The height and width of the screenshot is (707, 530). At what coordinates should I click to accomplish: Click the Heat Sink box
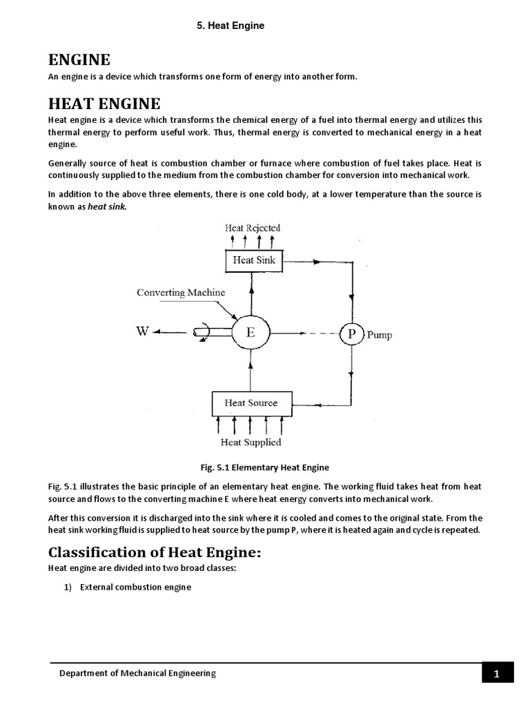coord(253,260)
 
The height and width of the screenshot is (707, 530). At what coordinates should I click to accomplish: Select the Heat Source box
coord(251,403)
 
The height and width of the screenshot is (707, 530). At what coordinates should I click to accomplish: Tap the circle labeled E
coord(251,332)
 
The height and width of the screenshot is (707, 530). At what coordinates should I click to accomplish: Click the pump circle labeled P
coord(351,334)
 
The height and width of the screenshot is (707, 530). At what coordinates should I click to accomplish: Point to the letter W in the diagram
coord(142,331)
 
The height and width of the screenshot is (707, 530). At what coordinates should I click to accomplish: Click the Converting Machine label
coord(181,292)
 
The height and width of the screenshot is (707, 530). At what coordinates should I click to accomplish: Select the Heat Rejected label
coord(252,228)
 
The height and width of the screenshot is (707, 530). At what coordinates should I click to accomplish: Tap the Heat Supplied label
coord(251,442)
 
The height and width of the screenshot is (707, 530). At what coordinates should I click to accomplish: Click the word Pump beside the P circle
coord(379,336)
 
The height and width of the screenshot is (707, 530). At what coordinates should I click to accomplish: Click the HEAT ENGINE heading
coord(104,104)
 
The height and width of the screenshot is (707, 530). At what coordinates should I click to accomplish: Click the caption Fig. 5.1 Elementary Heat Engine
coord(265,467)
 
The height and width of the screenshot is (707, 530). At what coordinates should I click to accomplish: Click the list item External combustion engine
coord(135,587)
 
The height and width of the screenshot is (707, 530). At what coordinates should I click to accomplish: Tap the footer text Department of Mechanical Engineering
coord(137,673)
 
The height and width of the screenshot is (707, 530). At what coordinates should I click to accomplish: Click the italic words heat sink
coord(107,206)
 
